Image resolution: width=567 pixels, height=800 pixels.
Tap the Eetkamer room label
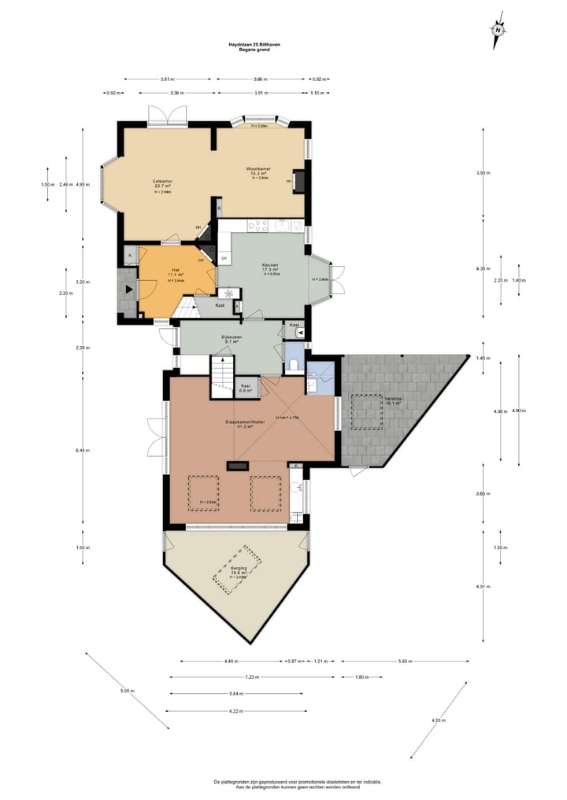[x=163, y=182]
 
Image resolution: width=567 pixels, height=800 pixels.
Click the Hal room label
[x=176, y=271]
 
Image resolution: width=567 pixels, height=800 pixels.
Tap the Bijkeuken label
[x=232, y=337]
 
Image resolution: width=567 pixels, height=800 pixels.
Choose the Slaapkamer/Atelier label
[x=245, y=422]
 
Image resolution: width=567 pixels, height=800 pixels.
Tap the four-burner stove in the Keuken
[x=258, y=227]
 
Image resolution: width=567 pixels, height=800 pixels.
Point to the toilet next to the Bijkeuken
[x=293, y=364]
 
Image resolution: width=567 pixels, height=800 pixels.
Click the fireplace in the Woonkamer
[x=298, y=180]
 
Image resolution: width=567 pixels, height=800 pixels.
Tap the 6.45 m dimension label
[x=83, y=451]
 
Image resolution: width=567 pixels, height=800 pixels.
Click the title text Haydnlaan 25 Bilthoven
[x=249, y=45]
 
